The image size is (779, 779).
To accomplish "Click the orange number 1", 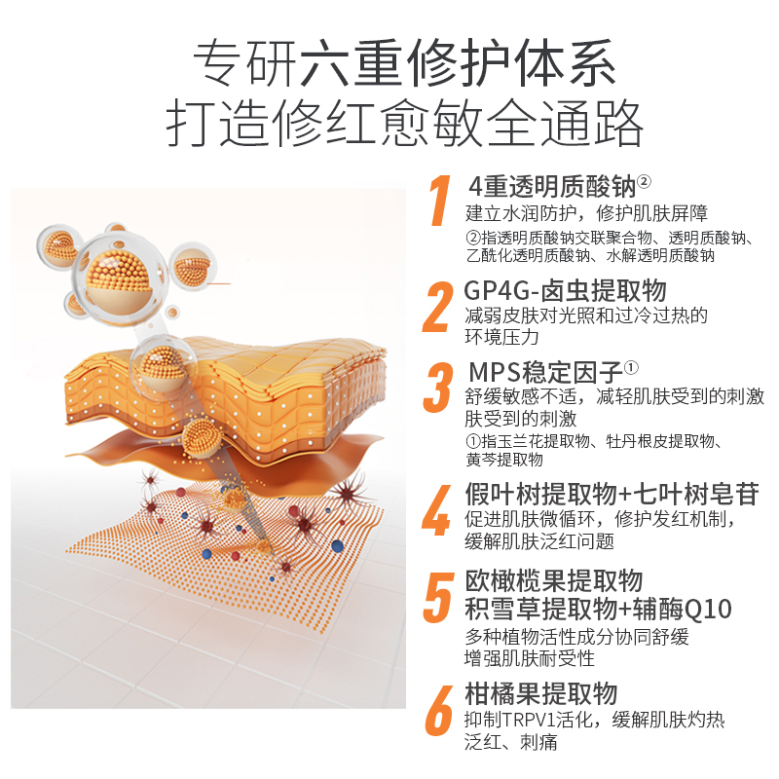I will pyautogui.click(x=440, y=202).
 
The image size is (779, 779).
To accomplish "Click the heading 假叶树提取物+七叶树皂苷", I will pyautogui.click(x=611, y=495).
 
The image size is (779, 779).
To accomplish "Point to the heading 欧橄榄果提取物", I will pyautogui.click(x=552, y=581).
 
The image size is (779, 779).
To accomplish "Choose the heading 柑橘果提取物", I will pyautogui.click(x=540, y=693).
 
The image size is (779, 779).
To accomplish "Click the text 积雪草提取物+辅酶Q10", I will pyautogui.click(x=598, y=610).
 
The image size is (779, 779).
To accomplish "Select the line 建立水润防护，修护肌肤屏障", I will pyautogui.click(x=586, y=213).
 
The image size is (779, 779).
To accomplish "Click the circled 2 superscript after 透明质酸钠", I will pyautogui.click(x=644, y=181).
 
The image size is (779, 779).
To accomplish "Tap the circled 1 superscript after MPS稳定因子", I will pyautogui.click(x=631, y=368).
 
